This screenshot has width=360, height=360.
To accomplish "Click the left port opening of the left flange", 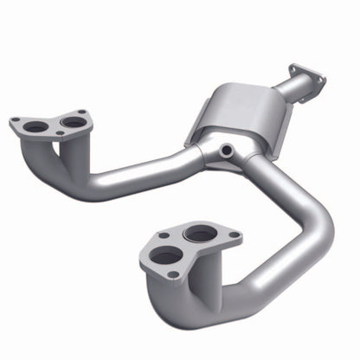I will pyautogui.click(x=36, y=126).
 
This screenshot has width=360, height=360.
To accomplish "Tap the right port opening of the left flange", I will pyautogui.click(x=74, y=122).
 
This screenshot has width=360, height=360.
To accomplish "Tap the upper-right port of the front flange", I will pyautogui.click(x=201, y=234).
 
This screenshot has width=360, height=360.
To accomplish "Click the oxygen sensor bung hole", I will pyautogui.click(x=227, y=151).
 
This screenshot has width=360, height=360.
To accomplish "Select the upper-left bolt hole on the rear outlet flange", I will pyautogui.click(x=295, y=67).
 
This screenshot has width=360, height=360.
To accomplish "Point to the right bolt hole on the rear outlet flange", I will pyautogui.click(x=322, y=80).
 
